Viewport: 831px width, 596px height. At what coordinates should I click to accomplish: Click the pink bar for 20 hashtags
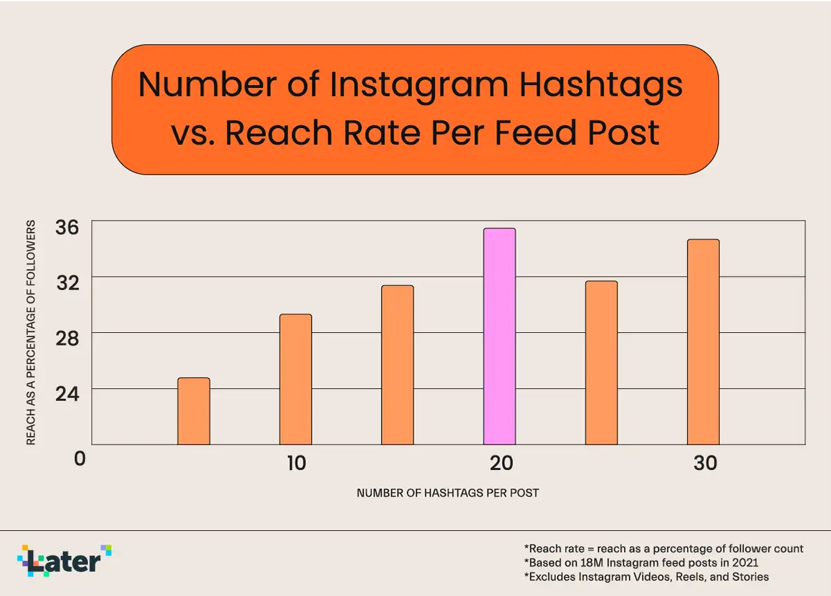(499, 336)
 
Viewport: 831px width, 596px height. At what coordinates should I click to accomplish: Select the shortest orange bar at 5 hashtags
(194, 411)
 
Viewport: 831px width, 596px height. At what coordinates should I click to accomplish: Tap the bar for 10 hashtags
(296, 379)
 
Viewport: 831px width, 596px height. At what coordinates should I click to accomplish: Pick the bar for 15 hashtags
(397, 365)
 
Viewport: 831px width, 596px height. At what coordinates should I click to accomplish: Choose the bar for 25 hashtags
(601, 363)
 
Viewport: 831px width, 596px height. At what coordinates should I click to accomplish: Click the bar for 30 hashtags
(703, 342)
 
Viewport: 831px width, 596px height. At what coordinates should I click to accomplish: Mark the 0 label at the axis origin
(80, 458)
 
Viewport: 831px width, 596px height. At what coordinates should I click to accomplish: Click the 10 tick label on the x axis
(296, 463)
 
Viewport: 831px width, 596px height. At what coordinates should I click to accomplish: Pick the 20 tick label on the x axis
(501, 463)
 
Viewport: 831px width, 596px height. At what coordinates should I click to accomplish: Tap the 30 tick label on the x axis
(705, 463)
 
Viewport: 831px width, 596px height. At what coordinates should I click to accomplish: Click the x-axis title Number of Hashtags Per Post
(447, 494)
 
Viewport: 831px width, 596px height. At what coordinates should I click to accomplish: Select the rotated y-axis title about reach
(30, 333)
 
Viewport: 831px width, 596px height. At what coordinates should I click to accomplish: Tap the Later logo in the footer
(64, 560)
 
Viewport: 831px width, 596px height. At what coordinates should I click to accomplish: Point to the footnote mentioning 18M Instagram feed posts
(641, 563)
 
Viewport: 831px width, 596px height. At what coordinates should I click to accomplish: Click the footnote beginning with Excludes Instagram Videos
(646, 577)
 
